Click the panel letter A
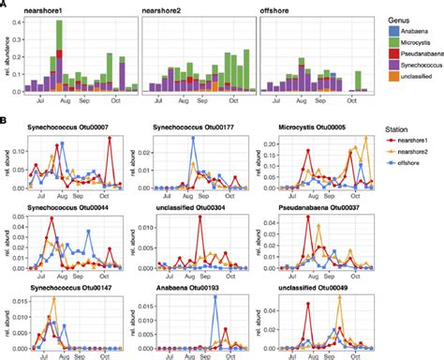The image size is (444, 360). point(5,5)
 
